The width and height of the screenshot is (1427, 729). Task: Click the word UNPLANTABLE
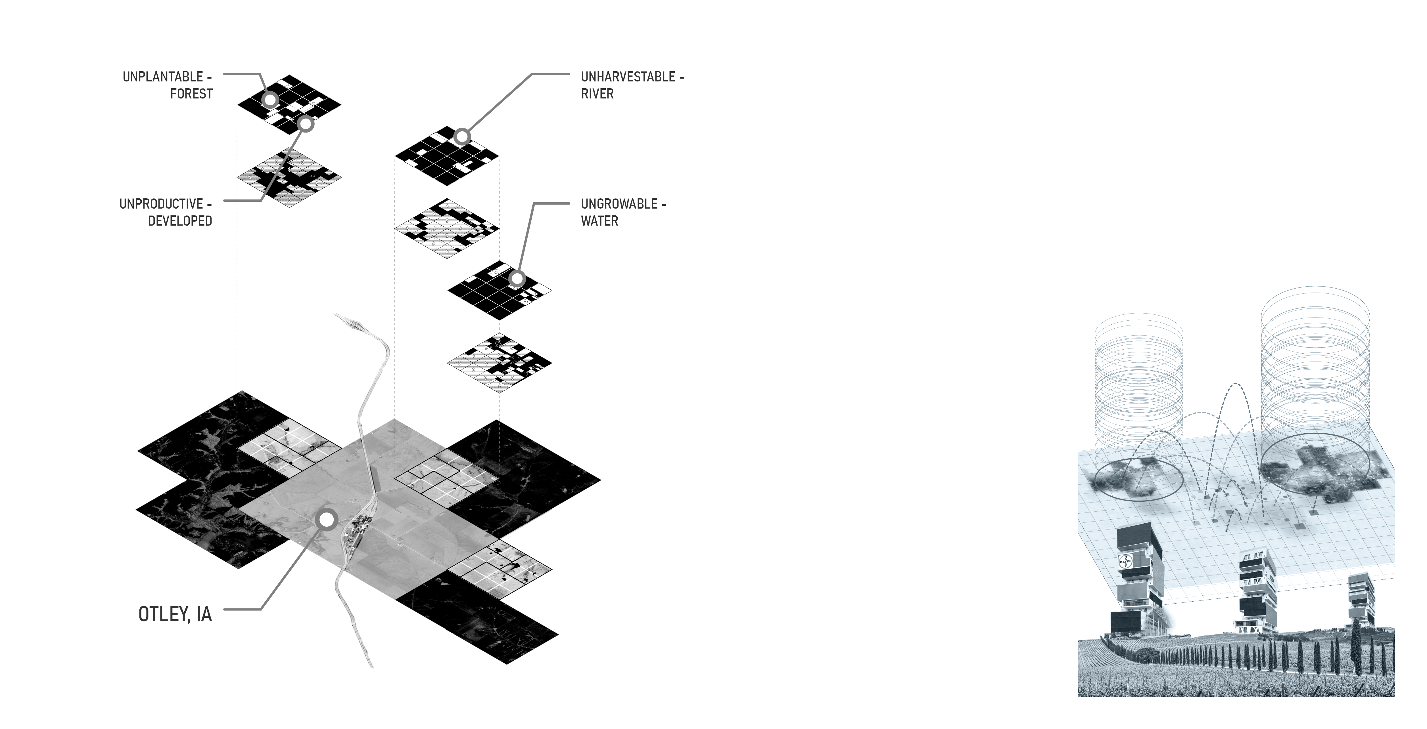click(163, 77)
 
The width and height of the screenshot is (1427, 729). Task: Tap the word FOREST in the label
click(191, 94)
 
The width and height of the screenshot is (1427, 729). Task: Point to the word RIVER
click(597, 94)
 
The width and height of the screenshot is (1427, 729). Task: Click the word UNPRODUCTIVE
click(161, 204)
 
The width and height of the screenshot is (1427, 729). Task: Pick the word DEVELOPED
click(180, 221)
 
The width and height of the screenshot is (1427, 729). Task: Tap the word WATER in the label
click(599, 221)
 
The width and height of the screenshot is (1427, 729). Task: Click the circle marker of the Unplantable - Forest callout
click(270, 100)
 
